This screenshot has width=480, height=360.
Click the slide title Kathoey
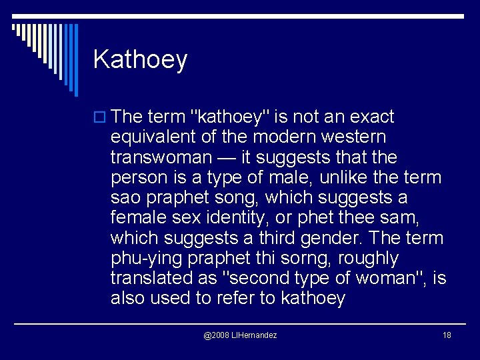pos(140,60)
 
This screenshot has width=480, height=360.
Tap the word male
pos(298,177)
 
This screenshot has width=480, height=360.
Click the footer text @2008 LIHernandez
pos(240,335)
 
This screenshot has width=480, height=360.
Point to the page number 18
pos(447,335)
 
